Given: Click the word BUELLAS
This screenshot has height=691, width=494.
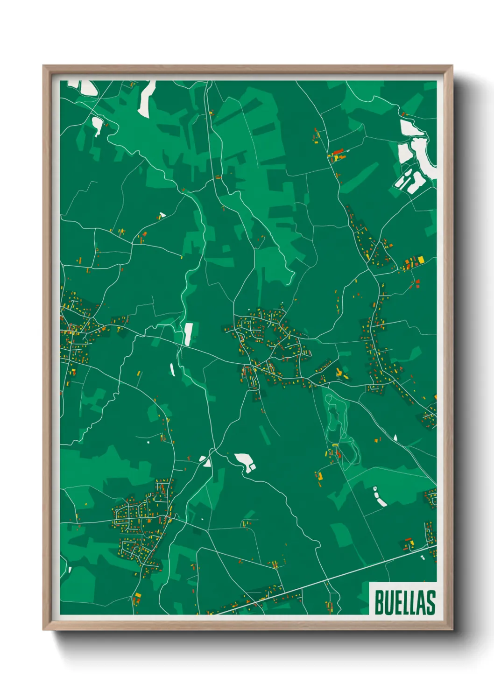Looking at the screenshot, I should [x=404, y=602].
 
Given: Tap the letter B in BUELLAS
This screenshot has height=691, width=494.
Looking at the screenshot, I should [x=379, y=602].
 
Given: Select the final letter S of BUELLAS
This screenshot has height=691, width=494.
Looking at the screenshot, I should [x=431, y=602].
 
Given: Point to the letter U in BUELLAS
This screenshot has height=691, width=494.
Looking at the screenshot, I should [x=388, y=602].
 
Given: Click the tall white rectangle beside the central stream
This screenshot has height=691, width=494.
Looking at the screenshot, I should [x=188, y=334].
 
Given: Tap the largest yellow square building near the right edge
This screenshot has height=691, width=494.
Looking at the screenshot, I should [x=421, y=259].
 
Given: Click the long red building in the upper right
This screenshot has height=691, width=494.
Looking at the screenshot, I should [x=337, y=152].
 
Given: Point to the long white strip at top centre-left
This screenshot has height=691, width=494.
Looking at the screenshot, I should [x=146, y=99].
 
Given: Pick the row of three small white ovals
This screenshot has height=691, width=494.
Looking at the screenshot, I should [x=379, y=496].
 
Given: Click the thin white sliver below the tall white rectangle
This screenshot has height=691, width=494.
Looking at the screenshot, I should [x=172, y=370].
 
